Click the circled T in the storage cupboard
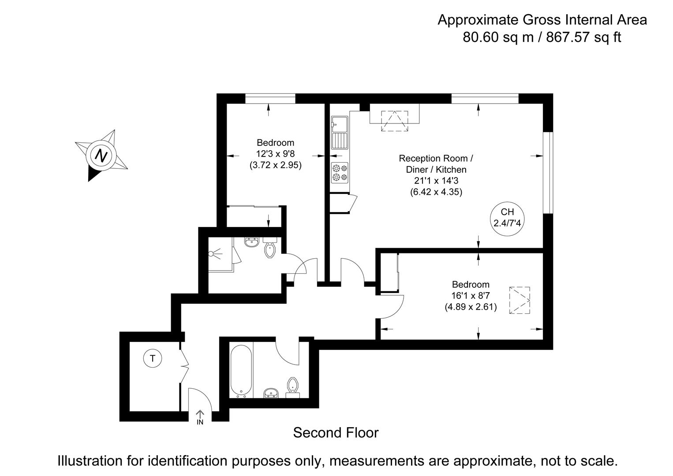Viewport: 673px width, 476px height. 153,358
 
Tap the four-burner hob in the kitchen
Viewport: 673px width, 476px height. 340,172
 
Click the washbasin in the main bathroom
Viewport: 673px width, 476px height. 271,393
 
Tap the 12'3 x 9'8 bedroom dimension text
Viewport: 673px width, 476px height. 275,154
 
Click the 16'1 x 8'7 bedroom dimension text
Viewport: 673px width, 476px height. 471,296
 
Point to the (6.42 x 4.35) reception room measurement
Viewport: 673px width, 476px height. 436,192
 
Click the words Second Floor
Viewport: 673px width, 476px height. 336,433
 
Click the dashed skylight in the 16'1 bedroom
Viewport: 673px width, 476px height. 520,300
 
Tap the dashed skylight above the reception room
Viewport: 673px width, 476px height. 394,120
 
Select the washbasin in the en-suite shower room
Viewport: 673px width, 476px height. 252,242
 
